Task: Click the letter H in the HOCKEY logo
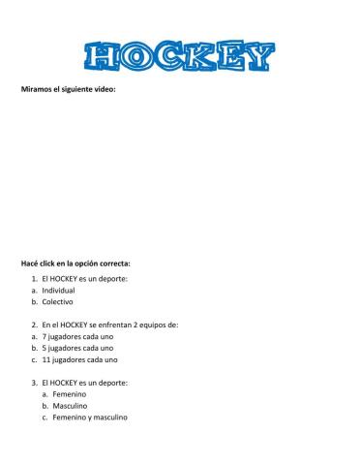click(x=102, y=57)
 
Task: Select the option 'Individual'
click(x=58, y=290)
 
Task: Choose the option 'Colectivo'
click(x=57, y=301)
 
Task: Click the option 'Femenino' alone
click(x=70, y=394)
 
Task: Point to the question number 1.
click(x=34, y=278)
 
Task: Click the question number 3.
click(x=34, y=383)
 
